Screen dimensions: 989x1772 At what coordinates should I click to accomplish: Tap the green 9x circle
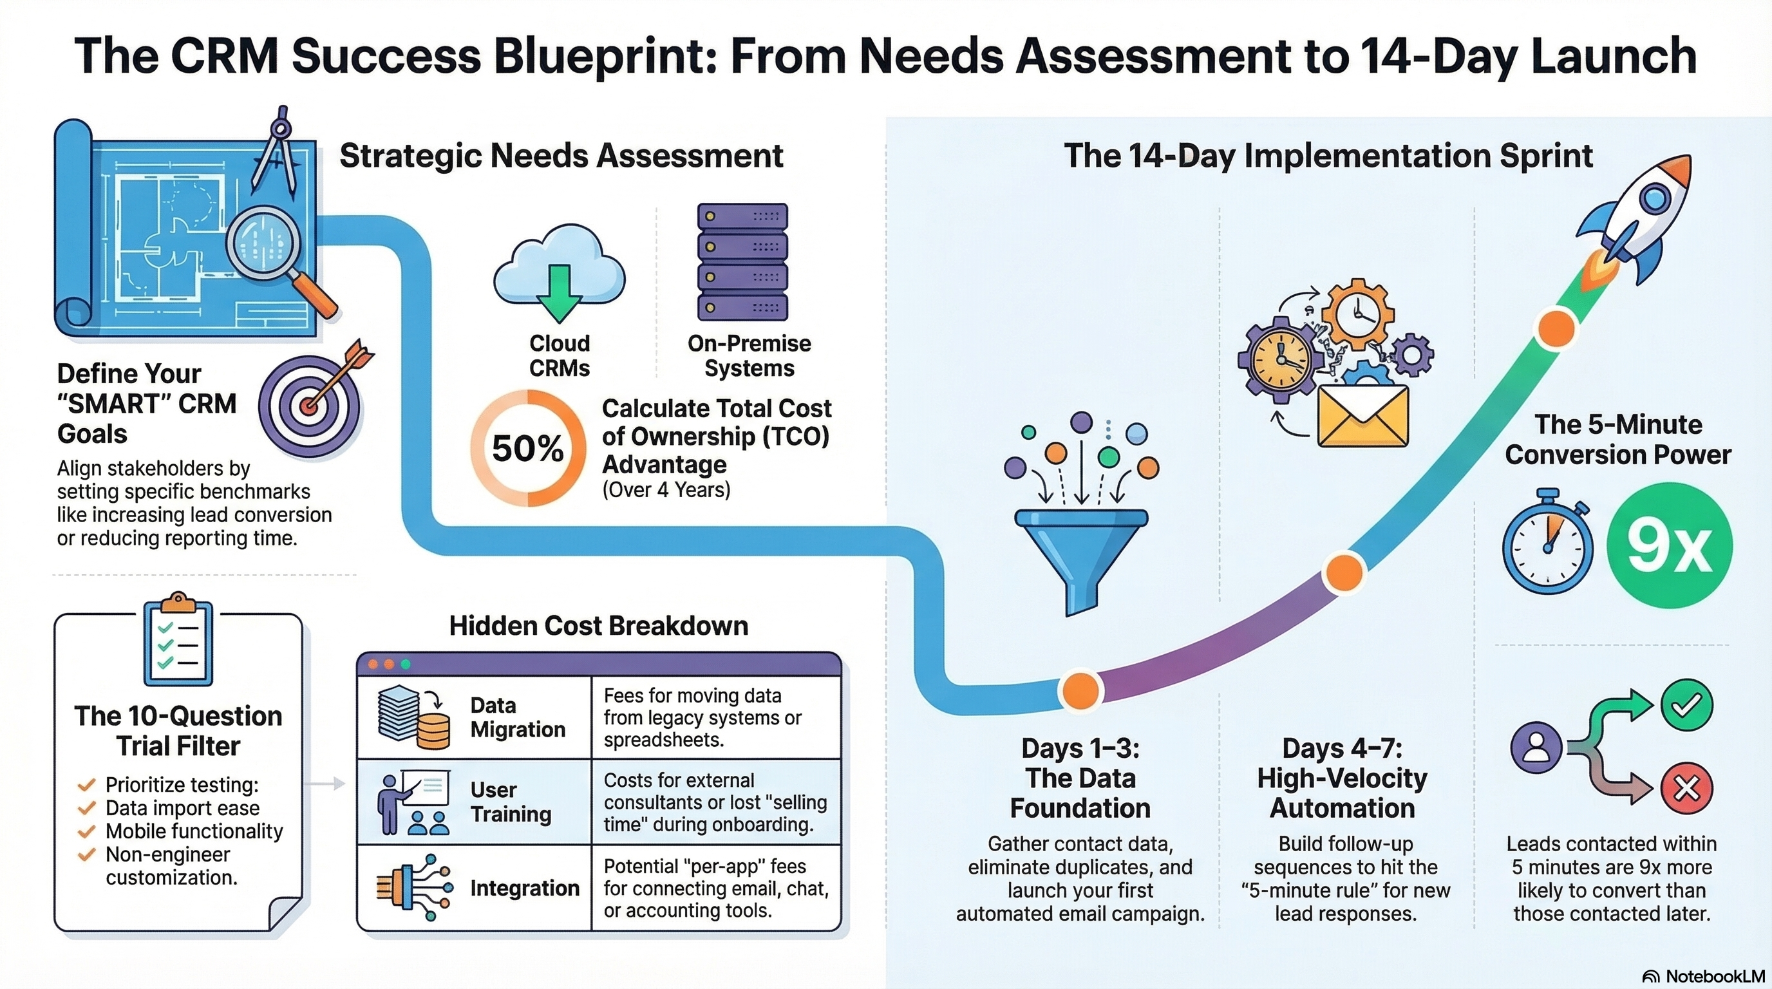click(1669, 545)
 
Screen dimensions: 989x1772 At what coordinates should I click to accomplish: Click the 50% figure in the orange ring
click(527, 448)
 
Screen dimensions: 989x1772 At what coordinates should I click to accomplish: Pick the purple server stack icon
click(742, 261)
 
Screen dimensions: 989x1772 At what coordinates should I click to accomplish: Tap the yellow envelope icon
click(1362, 416)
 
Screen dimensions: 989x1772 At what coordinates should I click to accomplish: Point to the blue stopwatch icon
click(1547, 543)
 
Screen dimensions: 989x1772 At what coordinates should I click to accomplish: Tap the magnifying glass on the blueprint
click(265, 243)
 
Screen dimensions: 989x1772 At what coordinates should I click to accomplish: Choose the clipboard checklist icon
click(178, 644)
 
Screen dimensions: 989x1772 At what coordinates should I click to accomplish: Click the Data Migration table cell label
click(517, 717)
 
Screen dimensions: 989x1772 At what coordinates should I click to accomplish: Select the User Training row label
click(511, 801)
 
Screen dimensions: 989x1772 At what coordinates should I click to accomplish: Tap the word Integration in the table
click(524, 888)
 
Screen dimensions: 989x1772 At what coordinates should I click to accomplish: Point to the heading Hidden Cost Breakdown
click(598, 626)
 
